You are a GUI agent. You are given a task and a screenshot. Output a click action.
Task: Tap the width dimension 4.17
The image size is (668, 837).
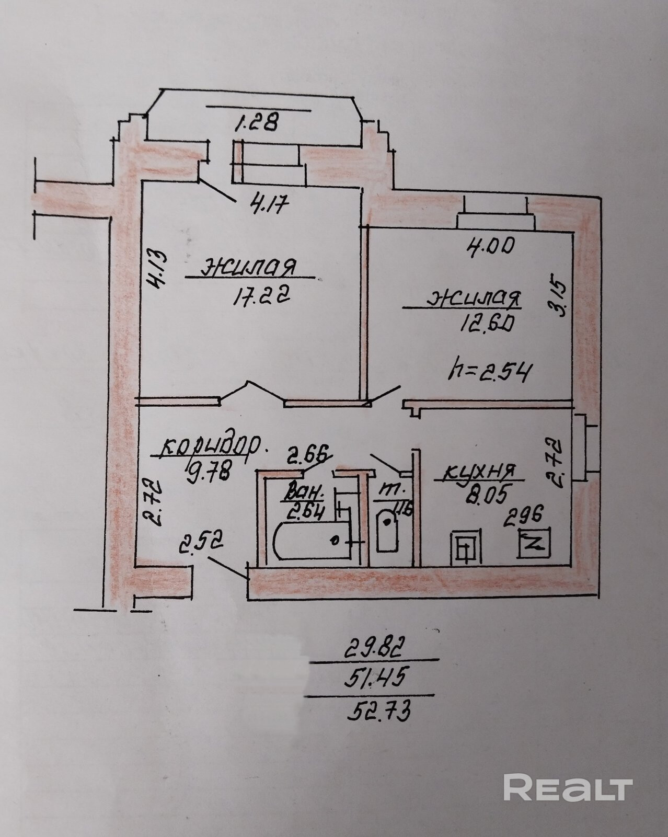pos(269,203)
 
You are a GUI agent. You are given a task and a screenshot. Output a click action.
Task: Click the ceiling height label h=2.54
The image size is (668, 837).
pos(490,373)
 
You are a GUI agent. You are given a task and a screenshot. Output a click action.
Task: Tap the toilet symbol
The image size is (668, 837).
pos(387,531)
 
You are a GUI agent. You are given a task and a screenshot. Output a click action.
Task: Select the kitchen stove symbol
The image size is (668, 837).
pos(465,547)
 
